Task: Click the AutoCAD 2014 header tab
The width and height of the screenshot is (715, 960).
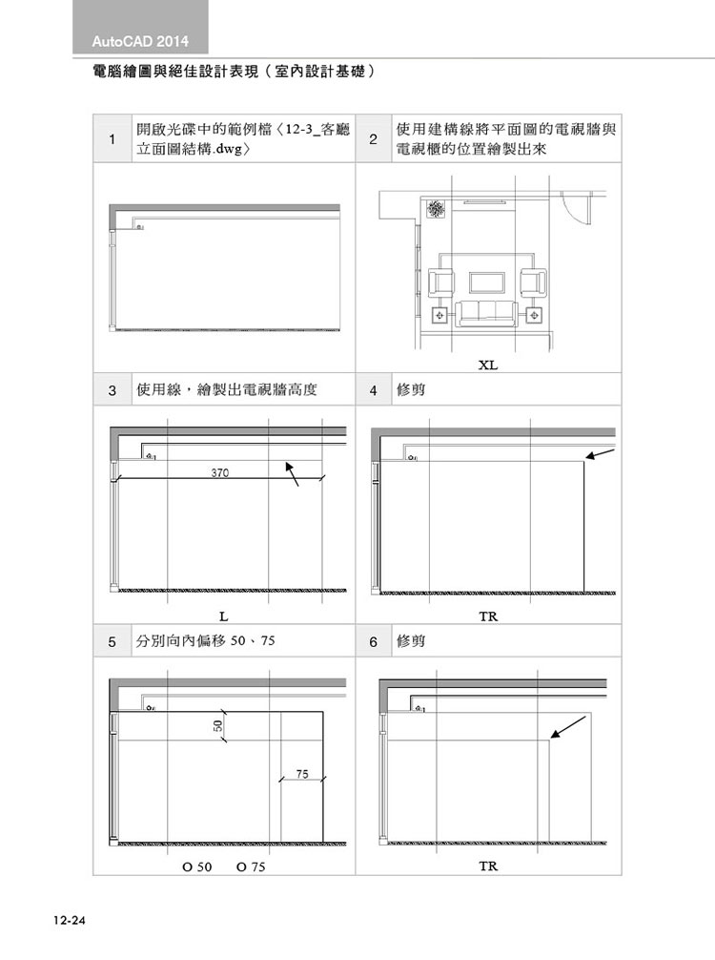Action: [140, 27]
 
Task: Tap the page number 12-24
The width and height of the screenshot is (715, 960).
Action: [70, 920]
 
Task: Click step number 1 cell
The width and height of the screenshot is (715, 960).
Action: [112, 139]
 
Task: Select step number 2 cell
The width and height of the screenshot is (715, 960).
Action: [373, 139]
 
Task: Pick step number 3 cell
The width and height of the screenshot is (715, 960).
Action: [112, 390]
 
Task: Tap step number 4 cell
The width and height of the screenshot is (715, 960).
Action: [373, 390]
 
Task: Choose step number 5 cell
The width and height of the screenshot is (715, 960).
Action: [112, 641]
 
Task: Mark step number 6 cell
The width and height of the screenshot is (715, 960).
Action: [373, 641]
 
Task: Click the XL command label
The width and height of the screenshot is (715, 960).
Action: [487, 365]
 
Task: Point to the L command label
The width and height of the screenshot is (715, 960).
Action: [224, 616]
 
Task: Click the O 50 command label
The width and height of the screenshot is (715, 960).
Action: [197, 866]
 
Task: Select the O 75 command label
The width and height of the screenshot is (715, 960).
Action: [251, 866]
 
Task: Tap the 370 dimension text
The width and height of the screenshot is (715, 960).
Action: [220, 472]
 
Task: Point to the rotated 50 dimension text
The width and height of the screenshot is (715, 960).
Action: [218, 726]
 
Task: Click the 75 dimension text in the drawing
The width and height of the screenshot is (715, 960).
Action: [302, 774]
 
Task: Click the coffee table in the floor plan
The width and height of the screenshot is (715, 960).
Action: [487, 282]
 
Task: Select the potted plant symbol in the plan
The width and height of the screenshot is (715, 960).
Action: [435, 209]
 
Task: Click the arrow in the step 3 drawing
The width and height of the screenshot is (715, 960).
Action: [292, 474]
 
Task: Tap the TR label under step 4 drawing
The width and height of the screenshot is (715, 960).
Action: [488, 616]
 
